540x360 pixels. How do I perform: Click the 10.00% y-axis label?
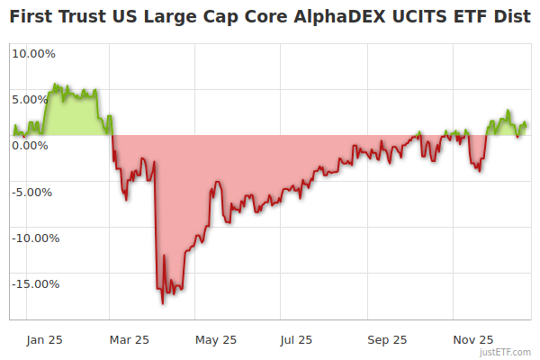point(33,53)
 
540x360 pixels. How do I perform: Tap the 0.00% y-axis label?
point(31,146)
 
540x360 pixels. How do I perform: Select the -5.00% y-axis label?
point(33,192)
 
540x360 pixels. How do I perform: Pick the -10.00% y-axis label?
point(36,238)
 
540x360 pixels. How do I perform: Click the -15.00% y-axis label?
point(36,284)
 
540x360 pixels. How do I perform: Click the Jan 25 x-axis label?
point(43,340)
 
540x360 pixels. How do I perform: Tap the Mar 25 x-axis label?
point(129,340)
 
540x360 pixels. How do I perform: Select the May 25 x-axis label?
point(215,340)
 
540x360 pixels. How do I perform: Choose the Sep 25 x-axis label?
point(386,340)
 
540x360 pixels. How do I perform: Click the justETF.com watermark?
point(505,353)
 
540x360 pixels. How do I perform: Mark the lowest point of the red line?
point(163,303)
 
